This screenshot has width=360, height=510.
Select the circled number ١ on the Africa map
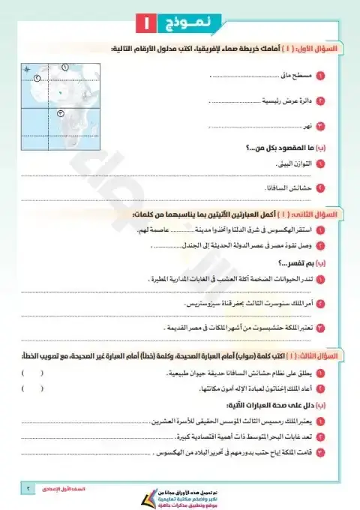coord(64,68)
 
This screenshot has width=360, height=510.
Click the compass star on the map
coord(28,70)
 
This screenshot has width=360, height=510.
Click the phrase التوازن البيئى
coord(290,162)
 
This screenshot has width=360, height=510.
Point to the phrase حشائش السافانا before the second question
coord(287,187)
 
